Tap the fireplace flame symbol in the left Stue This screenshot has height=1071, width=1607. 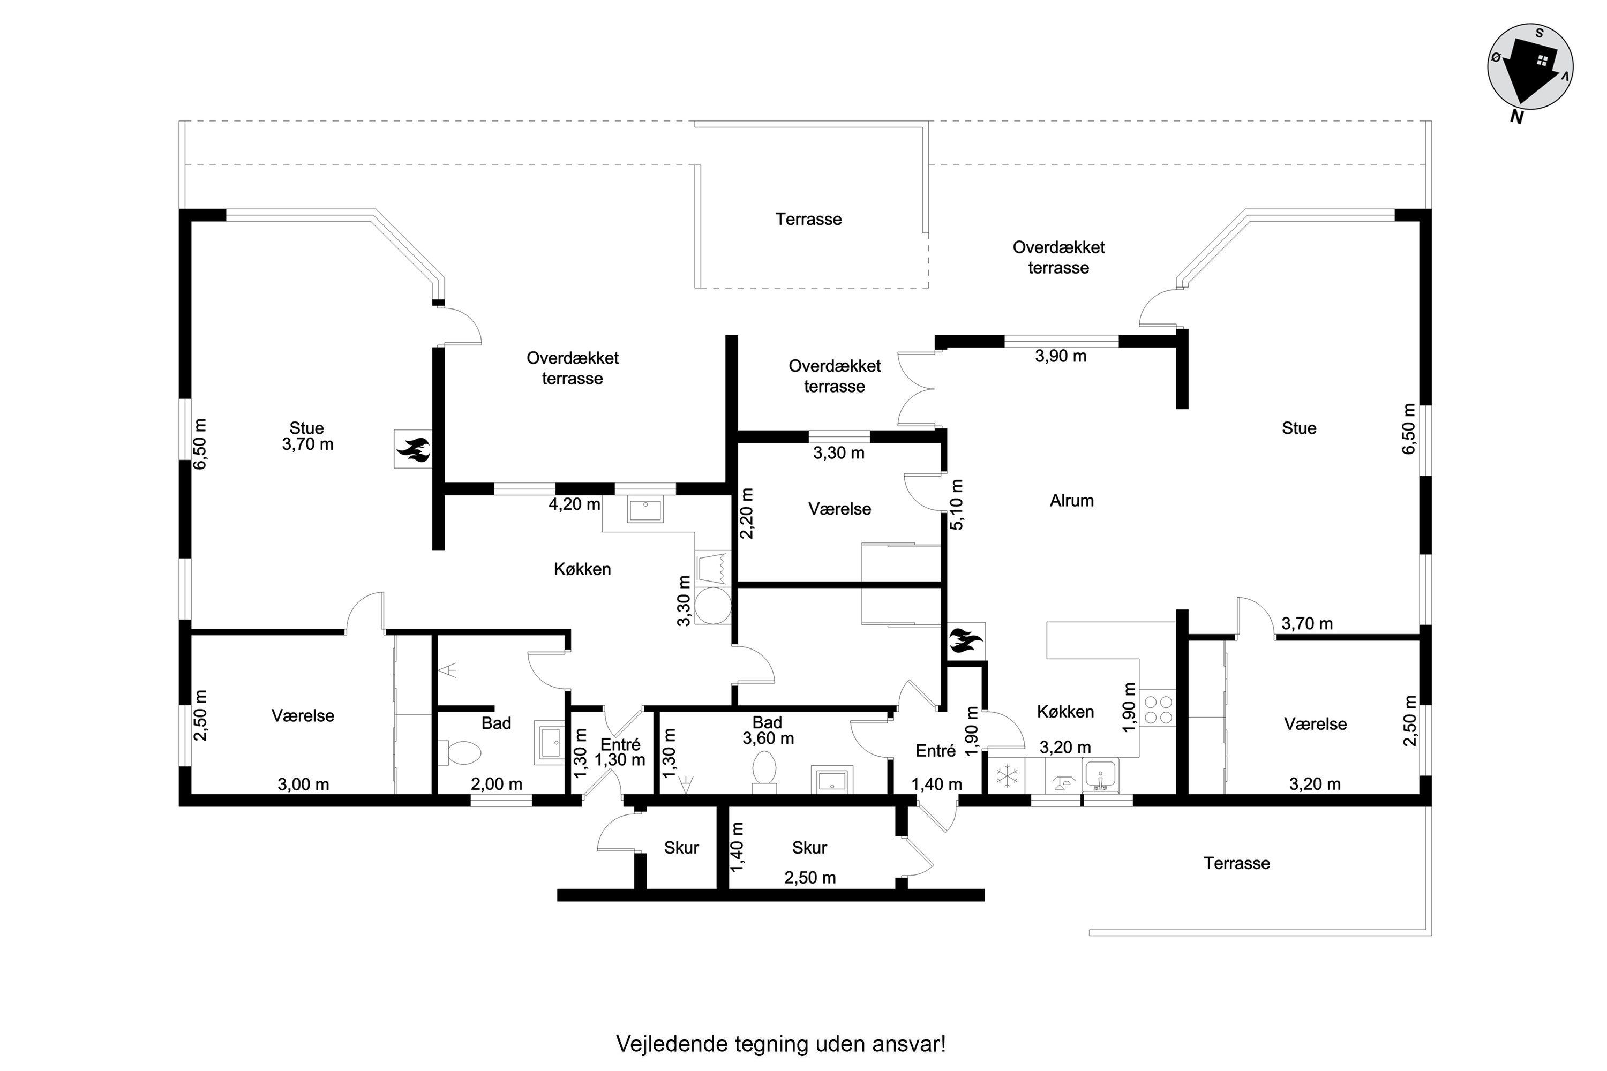(x=412, y=449)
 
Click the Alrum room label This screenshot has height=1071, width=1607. (x=1071, y=501)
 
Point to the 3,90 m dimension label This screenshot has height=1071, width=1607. (x=1061, y=356)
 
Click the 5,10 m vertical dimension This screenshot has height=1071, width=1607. (x=957, y=504)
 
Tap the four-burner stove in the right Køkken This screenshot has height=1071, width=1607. (x=1158, y=709)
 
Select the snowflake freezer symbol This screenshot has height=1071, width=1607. (x=1007, y=776)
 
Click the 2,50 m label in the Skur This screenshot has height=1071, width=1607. (x=809, y=878)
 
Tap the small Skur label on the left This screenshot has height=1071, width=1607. (x=681, y=848)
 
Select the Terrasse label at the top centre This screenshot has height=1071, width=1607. (x=808, y=219)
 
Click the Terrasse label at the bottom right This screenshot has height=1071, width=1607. (x=1237, y=863)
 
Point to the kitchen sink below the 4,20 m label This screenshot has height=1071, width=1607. (x=644, y=510)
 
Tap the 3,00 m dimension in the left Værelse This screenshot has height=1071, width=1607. (x=303, y=784)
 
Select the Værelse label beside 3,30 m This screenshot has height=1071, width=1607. (x=839, y=509)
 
